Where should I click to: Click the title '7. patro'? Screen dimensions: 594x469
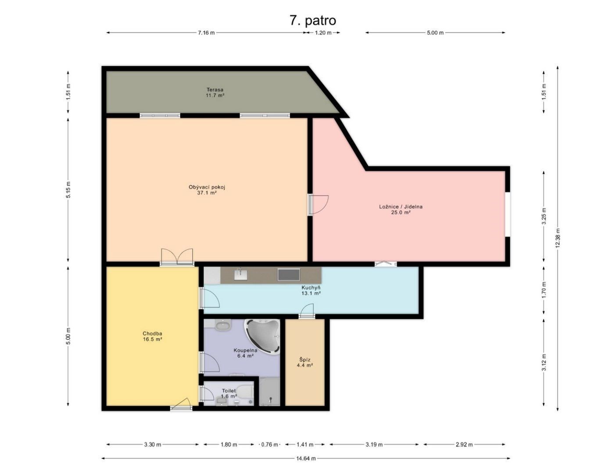tap(313, 21)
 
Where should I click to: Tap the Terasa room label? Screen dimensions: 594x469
tap(215, 90)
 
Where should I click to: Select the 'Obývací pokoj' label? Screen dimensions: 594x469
tap(207, 187)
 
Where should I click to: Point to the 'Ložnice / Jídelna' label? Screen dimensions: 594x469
tap(401, 207)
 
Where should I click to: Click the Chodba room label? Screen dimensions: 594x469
tap(152, 333)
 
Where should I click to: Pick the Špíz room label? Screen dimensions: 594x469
tap(305, 360)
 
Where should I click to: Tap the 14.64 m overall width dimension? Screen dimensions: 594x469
tap(306, 458)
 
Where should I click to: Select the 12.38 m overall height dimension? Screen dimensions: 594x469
tap(558, 238)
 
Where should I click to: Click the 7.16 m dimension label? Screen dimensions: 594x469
tap(206, 33)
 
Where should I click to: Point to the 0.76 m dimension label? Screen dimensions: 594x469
tap(269, 444)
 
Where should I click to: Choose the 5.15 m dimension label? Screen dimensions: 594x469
tap(68, 190)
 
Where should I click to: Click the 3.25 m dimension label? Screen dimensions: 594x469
tap(544, 216)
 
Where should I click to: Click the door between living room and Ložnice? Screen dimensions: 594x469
tap(318, 205)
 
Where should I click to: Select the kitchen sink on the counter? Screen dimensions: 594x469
tap(241, 275)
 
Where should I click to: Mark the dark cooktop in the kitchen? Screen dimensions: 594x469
tap(289, 275)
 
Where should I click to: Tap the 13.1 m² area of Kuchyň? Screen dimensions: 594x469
tap(311, 293)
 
